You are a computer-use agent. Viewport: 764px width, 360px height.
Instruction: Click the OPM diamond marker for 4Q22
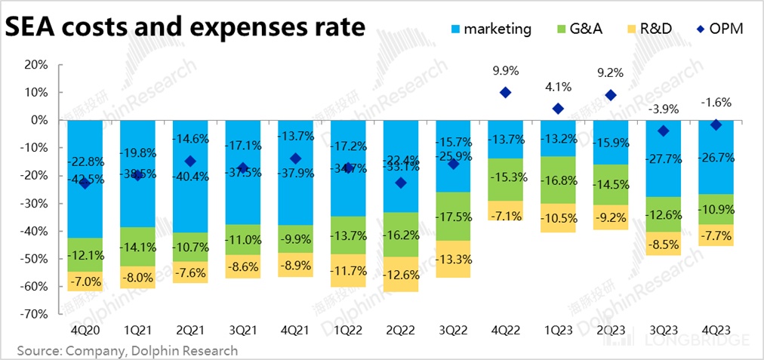[x=505, y=93]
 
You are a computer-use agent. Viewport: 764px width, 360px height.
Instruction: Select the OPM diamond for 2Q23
[x=611, y=95]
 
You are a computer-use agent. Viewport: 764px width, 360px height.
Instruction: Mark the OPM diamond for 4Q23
[x=716, y=125]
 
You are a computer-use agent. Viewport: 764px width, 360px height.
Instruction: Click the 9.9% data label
[x=505, y=71]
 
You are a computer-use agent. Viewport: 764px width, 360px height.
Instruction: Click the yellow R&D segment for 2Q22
[x=400, y=274]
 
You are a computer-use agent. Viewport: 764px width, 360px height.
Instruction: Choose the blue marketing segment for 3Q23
[x=663, y=158]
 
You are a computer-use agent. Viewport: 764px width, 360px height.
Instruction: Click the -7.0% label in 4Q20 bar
[x=84, y=282]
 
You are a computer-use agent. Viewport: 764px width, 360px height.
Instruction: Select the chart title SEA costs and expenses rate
[x=186, y=28]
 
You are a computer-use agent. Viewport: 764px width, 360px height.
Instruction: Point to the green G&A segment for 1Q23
[x=558, y=180]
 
